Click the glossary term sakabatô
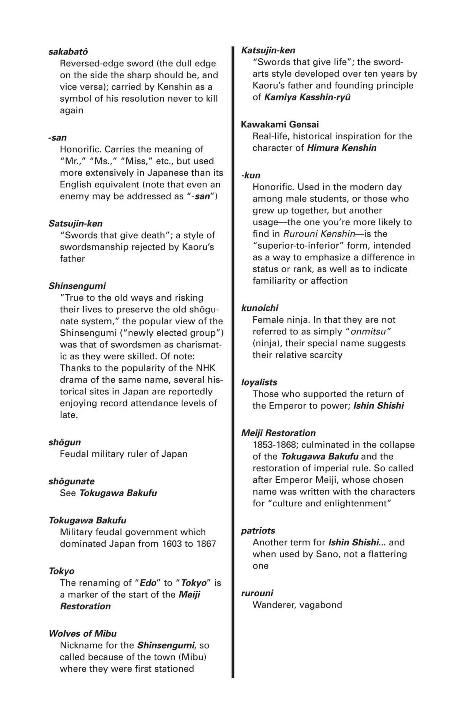click(68, 52)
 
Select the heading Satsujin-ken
click(75, 223)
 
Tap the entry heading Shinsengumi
click(77, 286)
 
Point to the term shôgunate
click(71, 481)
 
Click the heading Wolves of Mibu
click(83, 633)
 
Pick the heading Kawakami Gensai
click(280, 124)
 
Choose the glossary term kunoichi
click(260, 308)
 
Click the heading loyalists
click(259, 382)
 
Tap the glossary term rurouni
click(257, 593)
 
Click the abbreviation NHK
click(206, 368)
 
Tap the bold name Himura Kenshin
click(341, 148)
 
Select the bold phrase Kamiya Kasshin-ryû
click(307, 97)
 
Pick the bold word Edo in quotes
click(148, 583)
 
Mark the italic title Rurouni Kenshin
click(319, 234)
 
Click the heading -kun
click(251, 175)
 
